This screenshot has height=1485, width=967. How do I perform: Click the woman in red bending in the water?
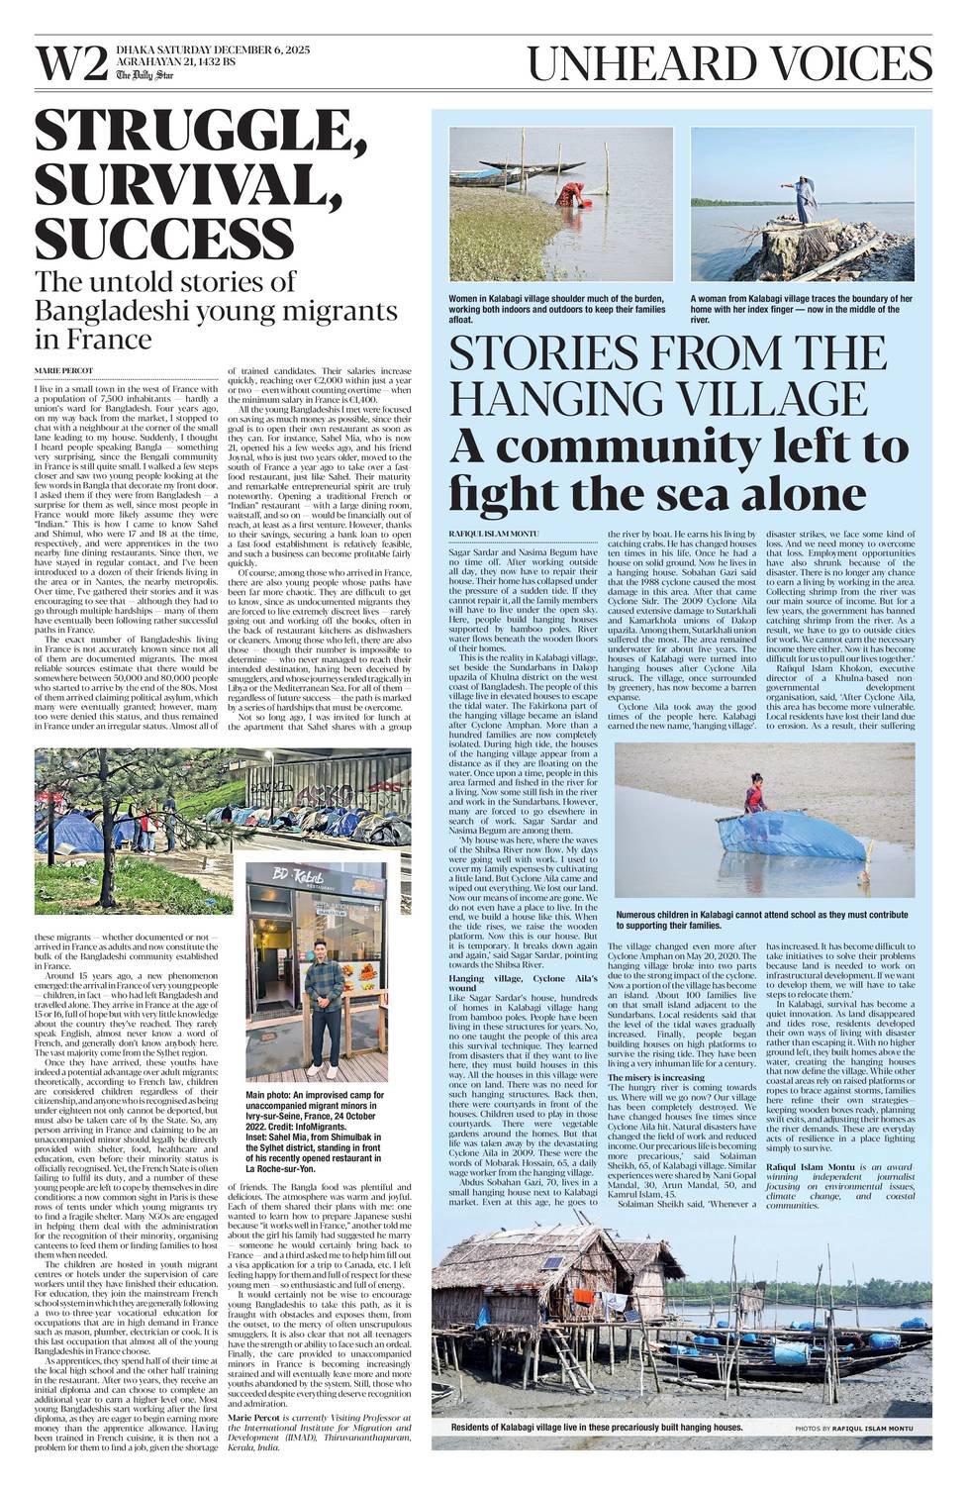coord(572,198)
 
